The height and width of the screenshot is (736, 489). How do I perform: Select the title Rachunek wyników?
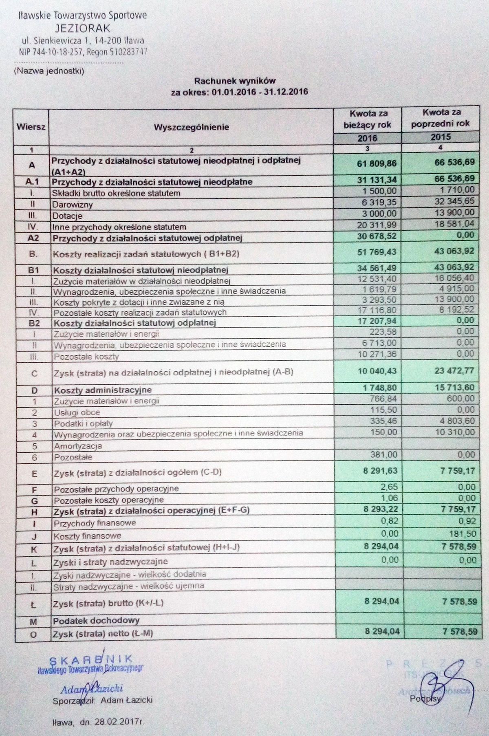(x=235, y=81)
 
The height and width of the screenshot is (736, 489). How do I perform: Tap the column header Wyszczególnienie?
(x=191, y=127)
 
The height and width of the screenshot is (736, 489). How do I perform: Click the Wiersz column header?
(x=31, y=127)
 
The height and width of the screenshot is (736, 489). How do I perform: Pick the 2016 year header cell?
(x=367, y=138)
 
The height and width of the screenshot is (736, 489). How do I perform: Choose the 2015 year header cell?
(x=441, y=137)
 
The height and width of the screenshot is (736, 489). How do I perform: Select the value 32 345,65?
(x=452, y=201)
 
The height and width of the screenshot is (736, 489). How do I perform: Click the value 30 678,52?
(x=377, y=236)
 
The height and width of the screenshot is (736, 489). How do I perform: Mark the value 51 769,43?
(x=377, y=253)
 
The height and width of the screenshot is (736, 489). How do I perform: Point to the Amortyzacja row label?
(x=78, y=446)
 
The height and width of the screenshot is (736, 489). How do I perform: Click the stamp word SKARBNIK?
(x=91, y=659)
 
